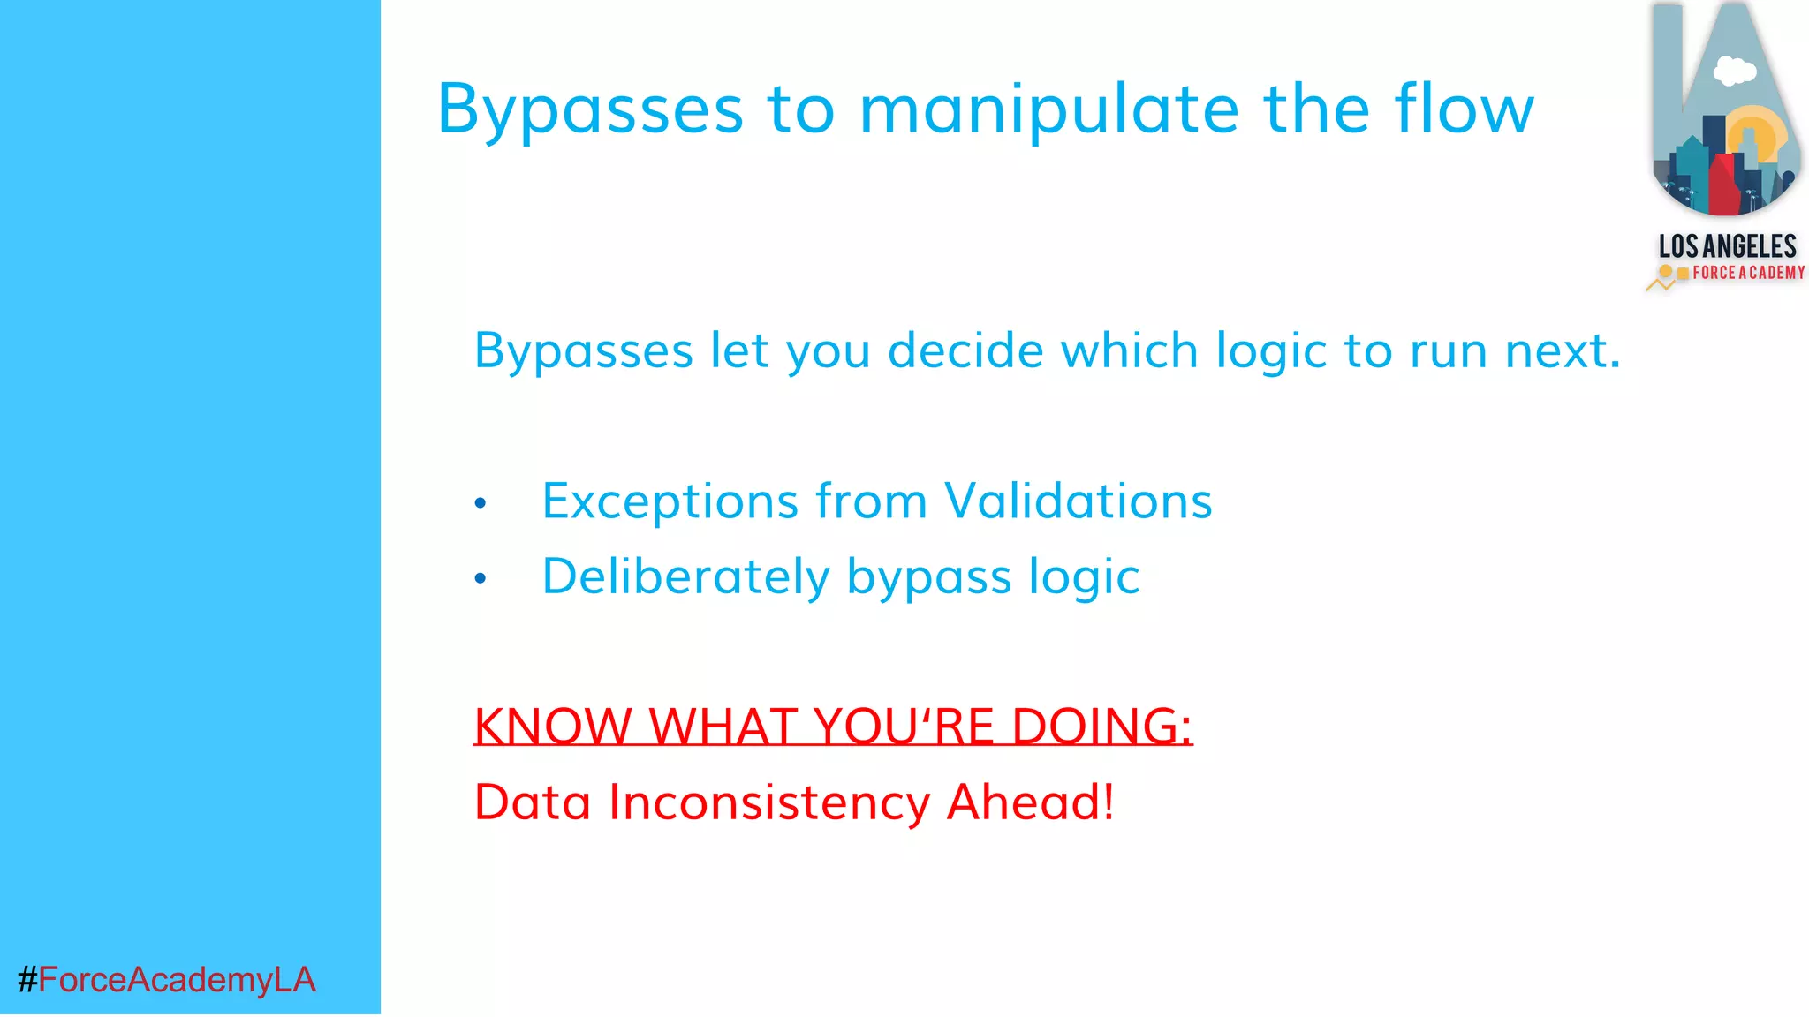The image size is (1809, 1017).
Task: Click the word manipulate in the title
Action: coord(1049,110)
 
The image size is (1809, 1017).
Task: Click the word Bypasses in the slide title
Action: coord(590,110)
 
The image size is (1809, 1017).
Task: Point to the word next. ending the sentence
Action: coord(1563,350)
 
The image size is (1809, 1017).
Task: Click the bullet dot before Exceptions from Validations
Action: coord(481,503)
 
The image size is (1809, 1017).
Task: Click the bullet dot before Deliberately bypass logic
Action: coord(481,578)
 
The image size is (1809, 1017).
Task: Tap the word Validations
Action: coord(1078,501)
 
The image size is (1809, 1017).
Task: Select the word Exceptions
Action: coord(670,501)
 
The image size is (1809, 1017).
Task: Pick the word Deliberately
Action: coord(685,576)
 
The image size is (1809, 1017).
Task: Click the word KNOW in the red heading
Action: coord(552,727)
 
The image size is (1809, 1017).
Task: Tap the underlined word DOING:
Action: coord(1101,727)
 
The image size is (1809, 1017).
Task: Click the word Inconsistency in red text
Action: coord(768,802)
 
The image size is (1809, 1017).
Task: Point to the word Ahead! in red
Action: coord(1030,802)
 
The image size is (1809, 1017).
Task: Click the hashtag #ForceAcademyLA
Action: coord(166,979)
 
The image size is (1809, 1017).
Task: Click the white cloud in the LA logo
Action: coord(1734,70)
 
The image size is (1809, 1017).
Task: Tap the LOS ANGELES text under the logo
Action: coord(1727,245)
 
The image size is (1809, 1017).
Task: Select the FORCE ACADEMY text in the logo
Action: coord(1747,273)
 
